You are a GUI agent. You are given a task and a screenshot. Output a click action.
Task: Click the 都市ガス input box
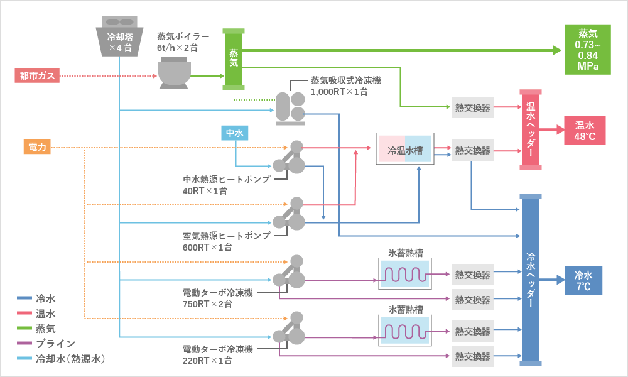click(x=36, y=76)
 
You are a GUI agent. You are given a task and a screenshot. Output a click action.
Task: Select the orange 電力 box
click(x=36, y=148)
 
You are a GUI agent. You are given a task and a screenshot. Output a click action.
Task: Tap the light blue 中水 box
click(x=234, y=133)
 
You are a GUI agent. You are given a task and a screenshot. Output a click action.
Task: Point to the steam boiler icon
click(x=174, y=71)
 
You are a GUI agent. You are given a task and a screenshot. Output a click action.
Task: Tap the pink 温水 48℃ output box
click(x=584, y=130)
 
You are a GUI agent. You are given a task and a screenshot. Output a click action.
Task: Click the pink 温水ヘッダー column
click(x=531, y=129)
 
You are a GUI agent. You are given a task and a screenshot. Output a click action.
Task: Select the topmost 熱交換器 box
click(x=472, y=107)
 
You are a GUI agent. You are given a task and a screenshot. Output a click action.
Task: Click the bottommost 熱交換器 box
click(x=472, y=356)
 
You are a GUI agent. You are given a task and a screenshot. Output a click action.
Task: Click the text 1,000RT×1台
click(x=339, y=92)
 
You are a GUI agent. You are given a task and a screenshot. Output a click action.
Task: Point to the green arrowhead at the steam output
click(x=556, y=50)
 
